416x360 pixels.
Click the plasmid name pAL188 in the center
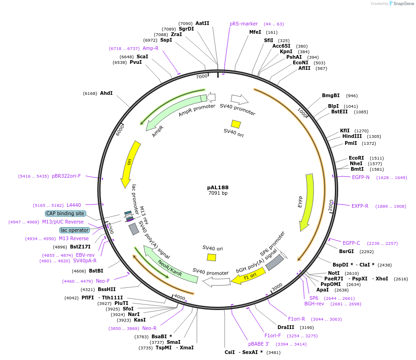pos(218,187)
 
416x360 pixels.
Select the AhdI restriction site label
pos(106,93)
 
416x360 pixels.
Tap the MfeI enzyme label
pos(255,32)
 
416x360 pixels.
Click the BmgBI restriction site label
pos(331,95)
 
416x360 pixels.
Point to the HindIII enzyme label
pos(352,136)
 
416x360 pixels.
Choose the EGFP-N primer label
pos(361,177)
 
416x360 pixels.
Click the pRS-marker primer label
pos(244,24)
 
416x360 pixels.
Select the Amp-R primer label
pos(151,48)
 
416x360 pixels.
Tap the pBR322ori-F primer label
pos(66,176)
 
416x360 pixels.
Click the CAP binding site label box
pos(65,213)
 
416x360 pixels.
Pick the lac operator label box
pos(75,230)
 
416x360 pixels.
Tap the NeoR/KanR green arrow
pos(169,268)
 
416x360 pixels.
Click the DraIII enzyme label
pos(286,327)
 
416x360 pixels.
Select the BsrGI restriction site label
pos(347,252)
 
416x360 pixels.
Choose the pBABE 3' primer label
pos(258,344)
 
